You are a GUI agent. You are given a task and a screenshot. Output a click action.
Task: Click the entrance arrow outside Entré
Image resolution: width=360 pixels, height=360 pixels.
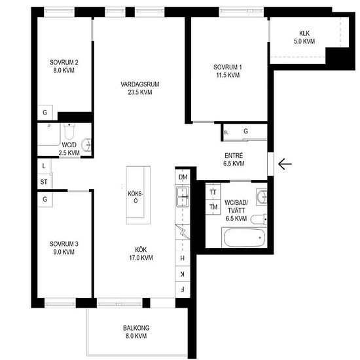point(285,164)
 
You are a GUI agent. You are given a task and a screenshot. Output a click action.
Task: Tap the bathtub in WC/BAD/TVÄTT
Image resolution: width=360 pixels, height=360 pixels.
point(244,238)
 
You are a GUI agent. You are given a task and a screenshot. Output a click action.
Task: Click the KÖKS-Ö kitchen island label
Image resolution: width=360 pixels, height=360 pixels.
point(135,197)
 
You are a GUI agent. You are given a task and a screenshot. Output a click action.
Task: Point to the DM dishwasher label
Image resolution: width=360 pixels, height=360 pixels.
point(183,177)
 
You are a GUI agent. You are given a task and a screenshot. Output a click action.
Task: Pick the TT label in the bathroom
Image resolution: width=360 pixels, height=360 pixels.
point(213,192)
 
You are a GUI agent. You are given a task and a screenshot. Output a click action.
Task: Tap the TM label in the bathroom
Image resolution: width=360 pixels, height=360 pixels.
point(213,207)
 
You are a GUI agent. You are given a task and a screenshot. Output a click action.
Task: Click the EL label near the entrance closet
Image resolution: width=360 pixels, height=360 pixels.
point(226,133)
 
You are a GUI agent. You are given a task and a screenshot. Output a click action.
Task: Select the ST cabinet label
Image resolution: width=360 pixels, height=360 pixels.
point(44,182)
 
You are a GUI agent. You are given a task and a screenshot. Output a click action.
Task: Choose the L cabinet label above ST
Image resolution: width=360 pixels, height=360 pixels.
point(44,166)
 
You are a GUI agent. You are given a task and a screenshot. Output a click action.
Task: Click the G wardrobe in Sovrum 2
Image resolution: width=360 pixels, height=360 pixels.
point(45,113)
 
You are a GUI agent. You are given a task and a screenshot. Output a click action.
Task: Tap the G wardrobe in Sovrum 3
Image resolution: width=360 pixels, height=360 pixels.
point(45,199)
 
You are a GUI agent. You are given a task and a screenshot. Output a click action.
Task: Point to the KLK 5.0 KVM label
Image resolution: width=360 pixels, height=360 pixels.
point(304,37)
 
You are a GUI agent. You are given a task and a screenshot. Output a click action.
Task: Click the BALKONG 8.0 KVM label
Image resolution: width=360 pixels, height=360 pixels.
point(136,332)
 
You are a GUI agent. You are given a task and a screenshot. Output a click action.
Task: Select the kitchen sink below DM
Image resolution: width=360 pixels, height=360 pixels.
point(183,196)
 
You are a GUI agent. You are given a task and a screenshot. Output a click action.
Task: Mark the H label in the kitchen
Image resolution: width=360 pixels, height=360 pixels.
point(183,259)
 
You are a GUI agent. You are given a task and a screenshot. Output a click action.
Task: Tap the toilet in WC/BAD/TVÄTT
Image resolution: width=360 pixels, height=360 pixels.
point(259,219)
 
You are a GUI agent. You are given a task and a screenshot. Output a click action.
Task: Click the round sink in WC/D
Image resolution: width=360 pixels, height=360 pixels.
point(87,145)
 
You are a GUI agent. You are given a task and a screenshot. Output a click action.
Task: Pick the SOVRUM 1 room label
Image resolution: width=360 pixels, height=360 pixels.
point(228,71)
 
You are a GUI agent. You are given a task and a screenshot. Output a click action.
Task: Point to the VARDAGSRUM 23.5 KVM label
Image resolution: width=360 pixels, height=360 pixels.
point(140,88)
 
